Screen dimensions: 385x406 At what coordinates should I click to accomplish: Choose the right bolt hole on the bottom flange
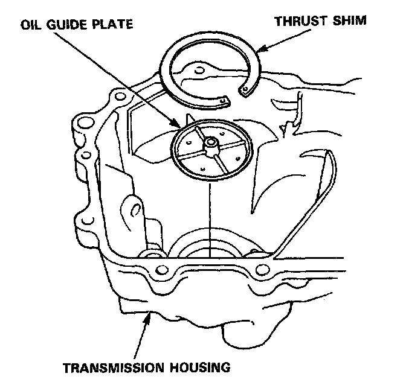click(261, 269)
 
